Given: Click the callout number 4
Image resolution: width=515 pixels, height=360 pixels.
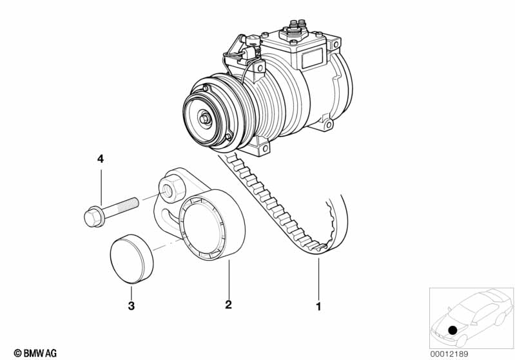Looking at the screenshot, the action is (x=101, y=159).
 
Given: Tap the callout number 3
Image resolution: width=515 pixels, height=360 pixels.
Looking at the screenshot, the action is (x=131, y=306).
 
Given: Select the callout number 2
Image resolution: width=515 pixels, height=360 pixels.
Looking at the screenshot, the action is (x=229, y=305).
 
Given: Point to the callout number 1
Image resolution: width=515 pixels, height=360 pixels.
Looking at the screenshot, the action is (x=318, y=307).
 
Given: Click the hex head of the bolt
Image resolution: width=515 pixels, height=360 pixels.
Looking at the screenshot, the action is (x=93, y=216).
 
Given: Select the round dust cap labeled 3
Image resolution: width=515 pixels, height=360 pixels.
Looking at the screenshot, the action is (x=131, y=259).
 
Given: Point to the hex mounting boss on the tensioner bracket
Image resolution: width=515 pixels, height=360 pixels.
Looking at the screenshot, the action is (x=172, y=188).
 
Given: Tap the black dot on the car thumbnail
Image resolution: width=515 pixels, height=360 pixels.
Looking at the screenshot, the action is (x=452, y=330).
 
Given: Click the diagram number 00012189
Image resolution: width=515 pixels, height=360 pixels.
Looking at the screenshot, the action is (x=449, y=354).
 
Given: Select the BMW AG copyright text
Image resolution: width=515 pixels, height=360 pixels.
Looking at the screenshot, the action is (x=35, y=354).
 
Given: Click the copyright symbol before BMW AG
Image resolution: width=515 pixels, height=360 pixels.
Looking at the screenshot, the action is (x=18, y=354).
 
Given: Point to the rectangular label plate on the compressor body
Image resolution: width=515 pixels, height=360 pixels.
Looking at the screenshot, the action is (x=312, y=58).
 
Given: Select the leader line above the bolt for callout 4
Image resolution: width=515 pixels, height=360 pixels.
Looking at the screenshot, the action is (x=101, y=187).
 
